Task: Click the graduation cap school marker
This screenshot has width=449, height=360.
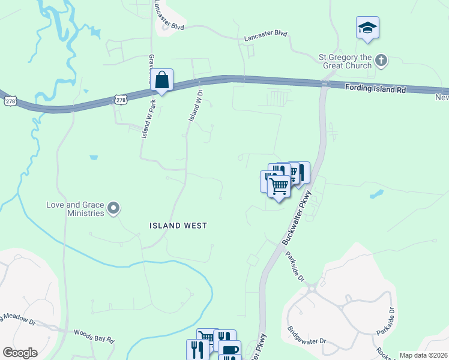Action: [x=367, y=28]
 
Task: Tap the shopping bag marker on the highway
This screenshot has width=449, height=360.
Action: [x=161, y=80]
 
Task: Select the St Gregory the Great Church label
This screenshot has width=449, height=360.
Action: [x=346, y=61]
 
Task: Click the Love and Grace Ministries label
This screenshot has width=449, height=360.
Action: [x=74, y=209]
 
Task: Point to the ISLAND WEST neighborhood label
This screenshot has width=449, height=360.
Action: [x=178, y=226]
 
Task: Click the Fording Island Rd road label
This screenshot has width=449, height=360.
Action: [x=376, y=89]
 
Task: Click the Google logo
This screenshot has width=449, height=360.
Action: [x=20, y=353]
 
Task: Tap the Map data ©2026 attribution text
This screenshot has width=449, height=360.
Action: [x=424, y=355]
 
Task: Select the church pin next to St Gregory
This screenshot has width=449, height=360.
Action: [x=381, y=61]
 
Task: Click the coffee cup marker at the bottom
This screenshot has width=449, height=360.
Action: [x=230, y=350]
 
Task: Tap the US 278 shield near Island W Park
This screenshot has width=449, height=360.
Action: [x=121, y=100]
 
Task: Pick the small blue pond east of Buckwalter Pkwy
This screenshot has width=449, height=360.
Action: [x=377, y=194]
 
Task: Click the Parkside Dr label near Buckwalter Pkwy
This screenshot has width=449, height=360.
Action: [x=295, y=269]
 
